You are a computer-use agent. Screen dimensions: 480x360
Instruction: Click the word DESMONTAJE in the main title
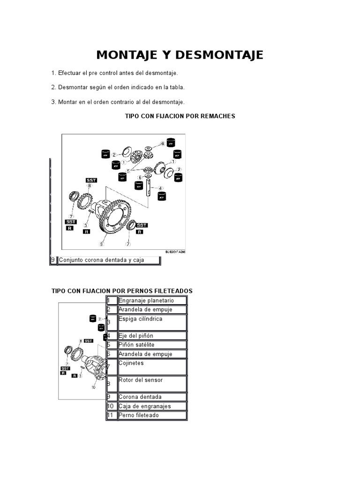point(213,55)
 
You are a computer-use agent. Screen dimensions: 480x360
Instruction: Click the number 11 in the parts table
point(110,415)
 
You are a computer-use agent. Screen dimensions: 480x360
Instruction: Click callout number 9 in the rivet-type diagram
point(101,244)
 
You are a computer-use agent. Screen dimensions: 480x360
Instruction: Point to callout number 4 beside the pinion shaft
point(161,188)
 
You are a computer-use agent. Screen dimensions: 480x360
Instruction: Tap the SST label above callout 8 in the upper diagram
point(91,180)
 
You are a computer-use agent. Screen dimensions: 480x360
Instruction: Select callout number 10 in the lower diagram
point(93,387)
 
